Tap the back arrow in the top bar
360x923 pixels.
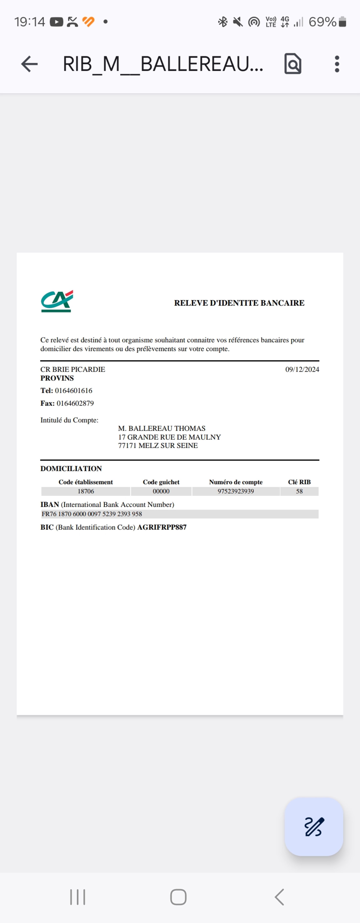point(29,64)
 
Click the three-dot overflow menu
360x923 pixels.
point(337,64)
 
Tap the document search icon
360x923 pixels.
point(293,64)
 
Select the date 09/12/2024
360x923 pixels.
point(302,369)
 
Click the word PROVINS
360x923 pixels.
point(57,378)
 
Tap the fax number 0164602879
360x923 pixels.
point(75,403)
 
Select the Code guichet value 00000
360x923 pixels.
point(161,491)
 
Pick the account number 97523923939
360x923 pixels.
point(236,491)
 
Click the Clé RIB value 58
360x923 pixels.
point(299,491)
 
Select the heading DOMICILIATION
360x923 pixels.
point(71,469)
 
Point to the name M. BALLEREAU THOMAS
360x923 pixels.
point(162,429)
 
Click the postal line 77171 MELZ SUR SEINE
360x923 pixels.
point(158,446)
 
